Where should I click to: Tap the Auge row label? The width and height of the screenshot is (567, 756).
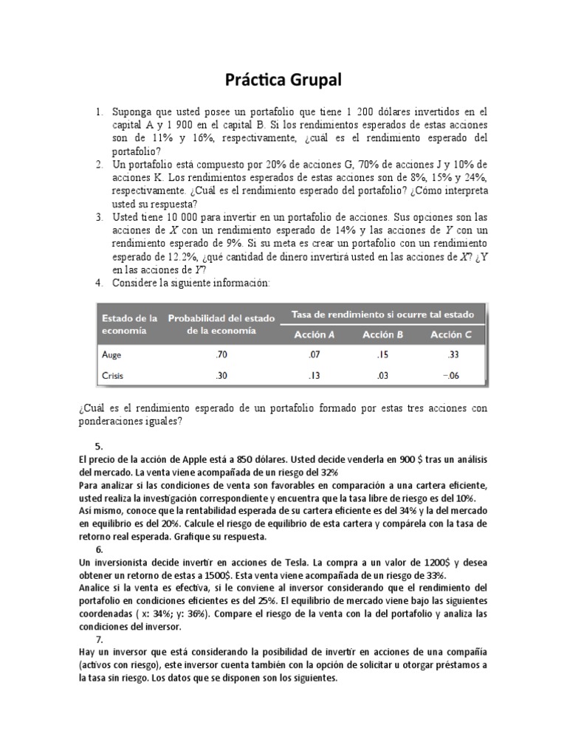(x=111, y=355)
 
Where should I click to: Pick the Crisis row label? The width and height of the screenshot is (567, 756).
(x=113, y=376)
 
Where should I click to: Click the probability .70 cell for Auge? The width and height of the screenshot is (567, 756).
(x=221, y=355)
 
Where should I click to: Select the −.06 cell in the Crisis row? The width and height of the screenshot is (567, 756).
(x=451, y=376)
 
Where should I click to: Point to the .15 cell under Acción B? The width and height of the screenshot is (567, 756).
(x=382, y=355)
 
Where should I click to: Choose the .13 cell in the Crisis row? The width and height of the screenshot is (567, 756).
(x=314, y=376)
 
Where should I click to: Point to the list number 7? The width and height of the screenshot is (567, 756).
(x=100, y=640)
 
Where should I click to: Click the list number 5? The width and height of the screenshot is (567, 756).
(x=100, y=446)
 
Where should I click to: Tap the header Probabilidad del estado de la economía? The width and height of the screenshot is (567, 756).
(x=221, y=324)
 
